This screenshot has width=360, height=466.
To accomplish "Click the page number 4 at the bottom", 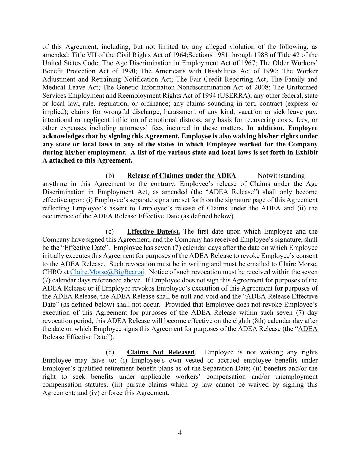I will point(180,433).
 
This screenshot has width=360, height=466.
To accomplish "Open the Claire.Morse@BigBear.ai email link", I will point(107,272).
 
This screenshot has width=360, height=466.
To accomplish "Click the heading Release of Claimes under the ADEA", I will point(182,176).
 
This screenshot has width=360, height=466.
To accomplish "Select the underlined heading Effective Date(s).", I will point(154,231).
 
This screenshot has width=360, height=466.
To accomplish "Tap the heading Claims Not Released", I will point(160,352).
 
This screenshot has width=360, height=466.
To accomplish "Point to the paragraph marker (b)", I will point(110,176).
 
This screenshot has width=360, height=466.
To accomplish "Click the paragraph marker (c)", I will point(110,231).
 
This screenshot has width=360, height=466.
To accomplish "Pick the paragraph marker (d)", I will point(110,352).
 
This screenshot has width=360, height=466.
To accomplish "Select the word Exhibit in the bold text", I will point(306,152).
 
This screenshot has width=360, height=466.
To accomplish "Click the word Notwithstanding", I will point(281,176).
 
